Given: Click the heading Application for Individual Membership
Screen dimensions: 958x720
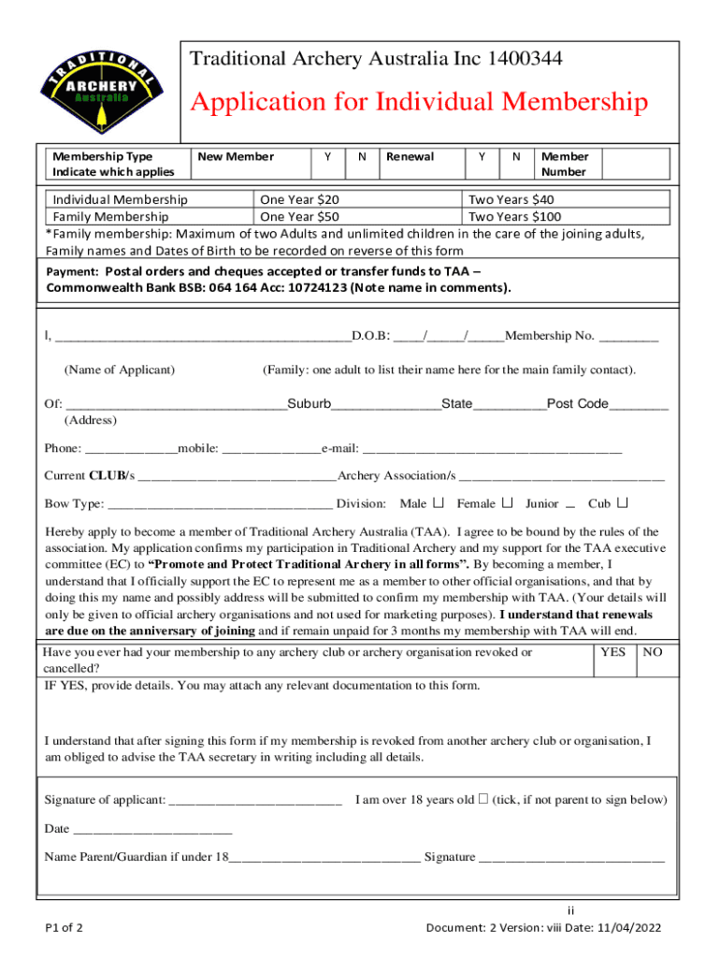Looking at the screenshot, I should [419, 102].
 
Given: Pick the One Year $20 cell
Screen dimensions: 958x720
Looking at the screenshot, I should [299, 199].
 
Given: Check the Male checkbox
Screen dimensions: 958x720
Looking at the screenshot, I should [439, 503].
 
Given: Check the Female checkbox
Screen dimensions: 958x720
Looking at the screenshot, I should [509, 503].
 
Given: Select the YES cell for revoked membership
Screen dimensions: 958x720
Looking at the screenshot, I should [613, 660].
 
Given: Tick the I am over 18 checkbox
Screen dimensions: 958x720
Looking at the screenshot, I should [483, 800].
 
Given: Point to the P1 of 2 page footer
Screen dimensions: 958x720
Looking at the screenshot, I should [65, 928].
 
